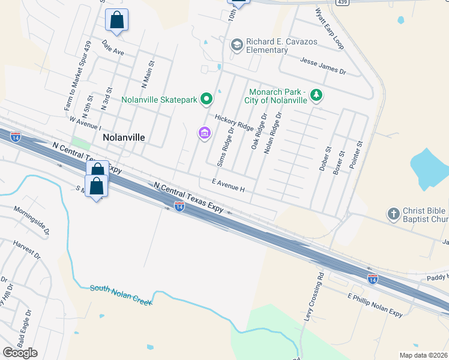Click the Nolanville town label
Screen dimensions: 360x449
[124, 137]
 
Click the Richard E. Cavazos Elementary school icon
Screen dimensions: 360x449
[237, 44]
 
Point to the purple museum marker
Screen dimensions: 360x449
[205, 133]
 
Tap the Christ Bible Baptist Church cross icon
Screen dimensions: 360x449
[394, 214]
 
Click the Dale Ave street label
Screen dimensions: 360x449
[113, 47]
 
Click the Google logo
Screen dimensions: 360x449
[20, 353]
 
